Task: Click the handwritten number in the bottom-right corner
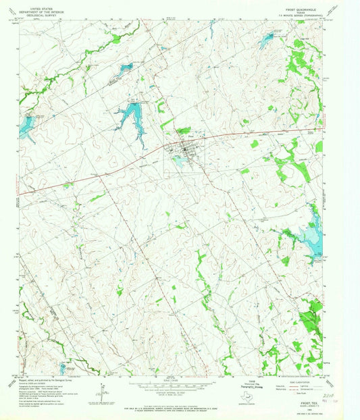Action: coord(330,399)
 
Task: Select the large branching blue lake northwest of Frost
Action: coord(130,117)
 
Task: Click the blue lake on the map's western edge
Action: coord(27,126)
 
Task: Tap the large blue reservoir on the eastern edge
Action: coord(311,233)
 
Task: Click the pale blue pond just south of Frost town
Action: coord(179,159)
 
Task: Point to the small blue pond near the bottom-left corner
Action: coord(64,368)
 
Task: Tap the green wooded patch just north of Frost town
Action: coord(183,130)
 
